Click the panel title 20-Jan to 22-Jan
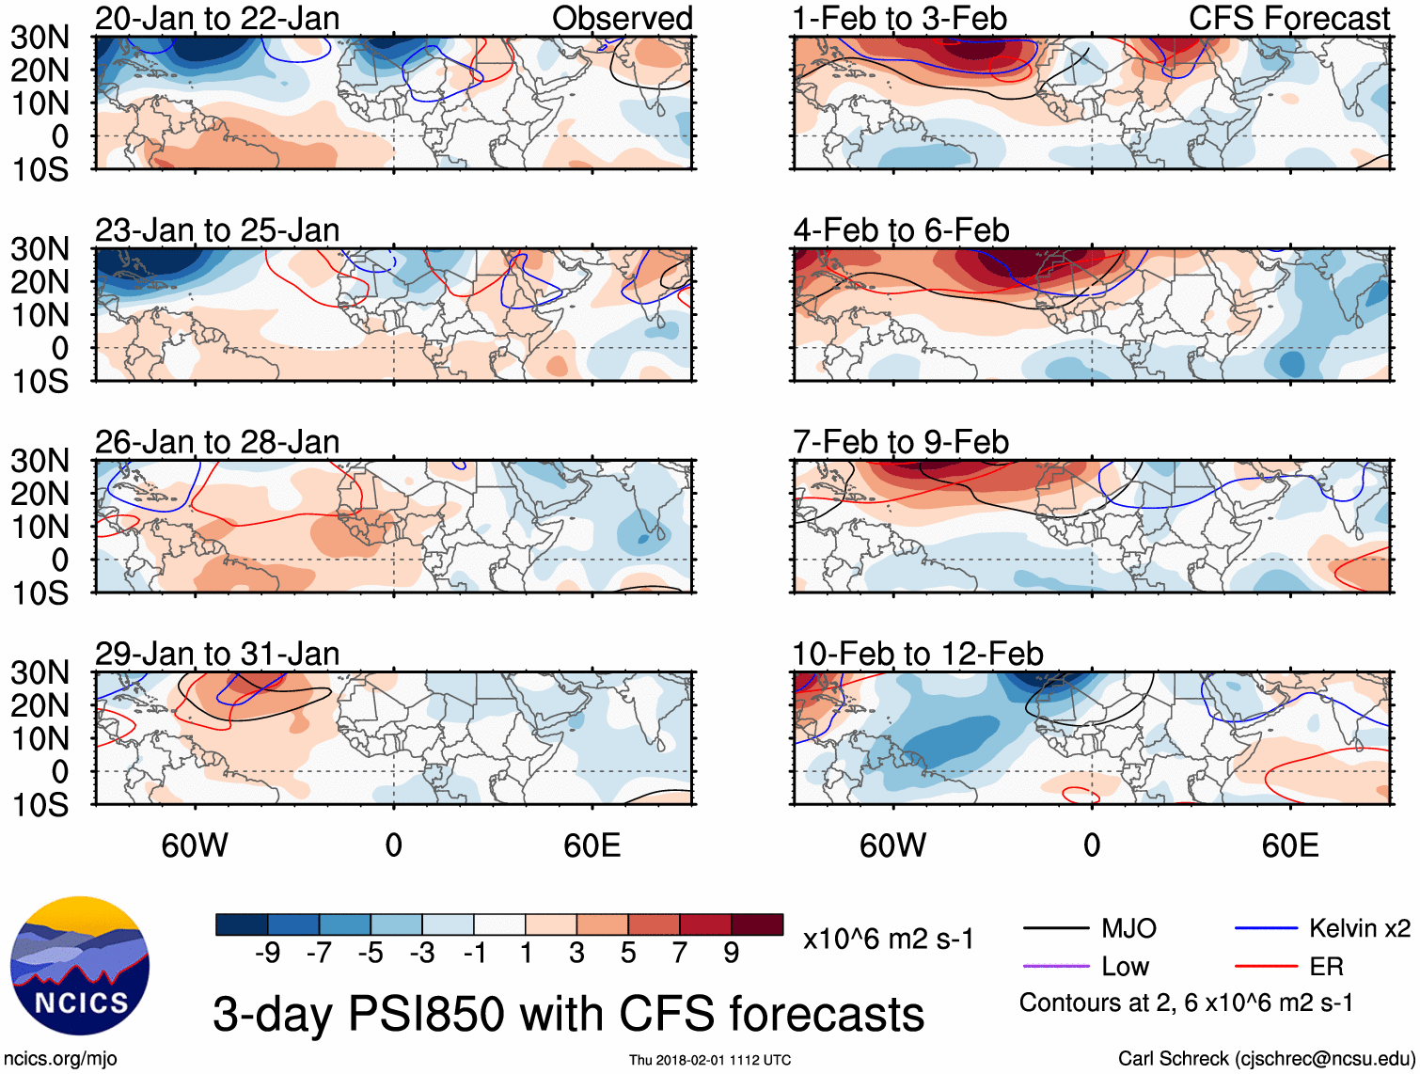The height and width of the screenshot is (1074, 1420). [x=217, y=18]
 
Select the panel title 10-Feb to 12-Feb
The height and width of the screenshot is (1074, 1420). [x=918, y=654]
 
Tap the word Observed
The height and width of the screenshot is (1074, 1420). [x=623, y=18]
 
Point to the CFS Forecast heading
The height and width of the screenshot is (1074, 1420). [x=1288, y=18]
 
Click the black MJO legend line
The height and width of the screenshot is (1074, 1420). [x=1056, y=929]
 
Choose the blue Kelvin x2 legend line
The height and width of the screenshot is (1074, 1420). [x=1266, y=929]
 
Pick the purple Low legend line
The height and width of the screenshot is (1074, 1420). [x=1056, y=966]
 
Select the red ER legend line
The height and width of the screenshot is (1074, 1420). [x=1266, y=966]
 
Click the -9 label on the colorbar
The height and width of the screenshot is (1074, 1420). [x=267, y=954]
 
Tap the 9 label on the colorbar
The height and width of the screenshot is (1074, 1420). [x=732, y=954]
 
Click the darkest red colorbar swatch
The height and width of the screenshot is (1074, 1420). [x=757, y=924]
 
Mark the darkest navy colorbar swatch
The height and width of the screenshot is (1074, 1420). [x=242, y=924]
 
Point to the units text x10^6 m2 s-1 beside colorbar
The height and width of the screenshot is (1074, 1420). [x=888, y=940]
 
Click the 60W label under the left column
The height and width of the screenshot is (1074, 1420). [x=195, y=845]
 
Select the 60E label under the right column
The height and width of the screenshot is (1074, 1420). [x=1289, y=845]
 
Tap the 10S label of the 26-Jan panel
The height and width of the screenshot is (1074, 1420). [x=39, y=593]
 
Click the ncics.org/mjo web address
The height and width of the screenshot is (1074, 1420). [x=60, y=1058]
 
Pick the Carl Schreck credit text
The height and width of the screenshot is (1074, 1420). [x=1266, y=1058]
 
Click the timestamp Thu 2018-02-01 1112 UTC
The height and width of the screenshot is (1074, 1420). [x=710, y=1060]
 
